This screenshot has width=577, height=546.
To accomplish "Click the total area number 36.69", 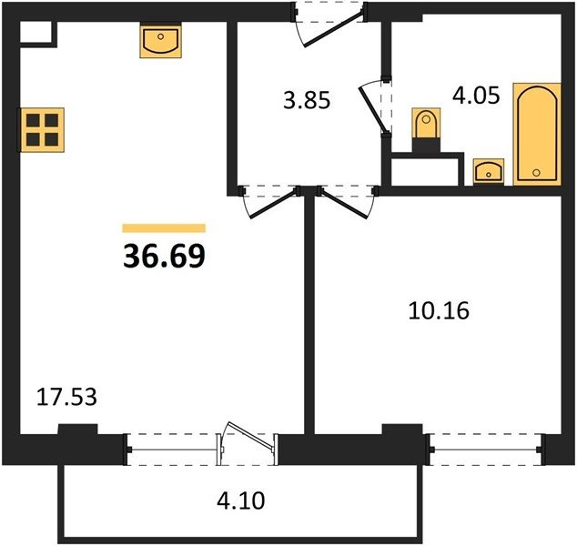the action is point(164,256).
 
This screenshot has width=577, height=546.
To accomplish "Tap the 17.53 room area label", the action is point(66,398).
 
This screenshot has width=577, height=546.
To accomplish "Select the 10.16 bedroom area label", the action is point(439,310).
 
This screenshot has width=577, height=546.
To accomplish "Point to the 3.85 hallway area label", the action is point(307,100).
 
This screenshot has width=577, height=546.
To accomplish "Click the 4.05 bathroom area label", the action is point(476,96).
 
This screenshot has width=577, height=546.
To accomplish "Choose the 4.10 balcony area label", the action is point(240,500).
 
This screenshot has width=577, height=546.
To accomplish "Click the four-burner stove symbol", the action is point(42,130).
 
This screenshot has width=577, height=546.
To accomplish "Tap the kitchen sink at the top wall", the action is point(161,41).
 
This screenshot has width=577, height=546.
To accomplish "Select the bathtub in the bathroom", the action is point(537,135).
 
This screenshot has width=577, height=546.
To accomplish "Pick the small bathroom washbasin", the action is point(489,171).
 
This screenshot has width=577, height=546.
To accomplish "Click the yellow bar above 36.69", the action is point(164,228).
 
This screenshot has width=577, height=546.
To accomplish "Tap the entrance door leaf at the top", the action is point(334,30).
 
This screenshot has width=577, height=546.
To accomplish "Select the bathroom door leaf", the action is point(373,109).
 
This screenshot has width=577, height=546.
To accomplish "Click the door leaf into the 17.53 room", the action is point(274,204).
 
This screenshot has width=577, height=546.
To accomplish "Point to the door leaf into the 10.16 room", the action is point(343,204).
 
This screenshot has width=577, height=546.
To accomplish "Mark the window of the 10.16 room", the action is point(485,450).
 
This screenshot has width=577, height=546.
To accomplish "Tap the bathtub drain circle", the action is point(536,172).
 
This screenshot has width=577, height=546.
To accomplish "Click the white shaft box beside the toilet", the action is point(425,172).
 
